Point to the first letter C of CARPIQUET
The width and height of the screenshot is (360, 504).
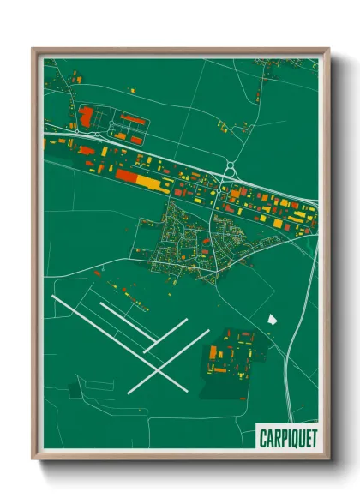tap(263, 439)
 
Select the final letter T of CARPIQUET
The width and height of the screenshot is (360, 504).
tap(314, 439)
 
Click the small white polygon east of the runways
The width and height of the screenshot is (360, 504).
tap(273, 319)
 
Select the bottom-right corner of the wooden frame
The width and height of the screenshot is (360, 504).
tap(327, 459)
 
